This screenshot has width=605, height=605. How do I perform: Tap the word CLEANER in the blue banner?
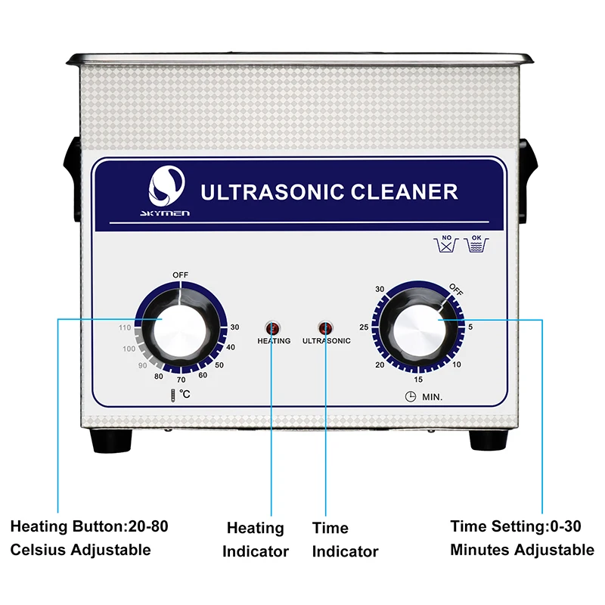point(405,192)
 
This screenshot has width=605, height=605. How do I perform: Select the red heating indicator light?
point(273,328)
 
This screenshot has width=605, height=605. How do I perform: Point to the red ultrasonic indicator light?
point(325,328)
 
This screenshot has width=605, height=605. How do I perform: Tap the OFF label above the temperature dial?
point(181,275)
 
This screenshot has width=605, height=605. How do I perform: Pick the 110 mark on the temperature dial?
point(125,327)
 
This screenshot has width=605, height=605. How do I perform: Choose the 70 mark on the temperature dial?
point(181,380)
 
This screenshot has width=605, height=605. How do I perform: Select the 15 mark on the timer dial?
point(418,380)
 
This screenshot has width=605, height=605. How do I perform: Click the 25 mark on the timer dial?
point(364,327)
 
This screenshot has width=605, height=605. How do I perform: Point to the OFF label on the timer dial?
point(456,290)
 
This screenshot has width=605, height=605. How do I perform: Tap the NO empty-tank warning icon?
point(446,244)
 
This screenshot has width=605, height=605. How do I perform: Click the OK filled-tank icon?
point(476,244)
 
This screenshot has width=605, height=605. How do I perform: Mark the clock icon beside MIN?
point(411,396)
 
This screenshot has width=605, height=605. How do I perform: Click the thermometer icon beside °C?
point(173,396)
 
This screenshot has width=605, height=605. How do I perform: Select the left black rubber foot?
point(111,440)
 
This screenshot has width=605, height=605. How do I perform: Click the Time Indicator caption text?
point(345,539)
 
